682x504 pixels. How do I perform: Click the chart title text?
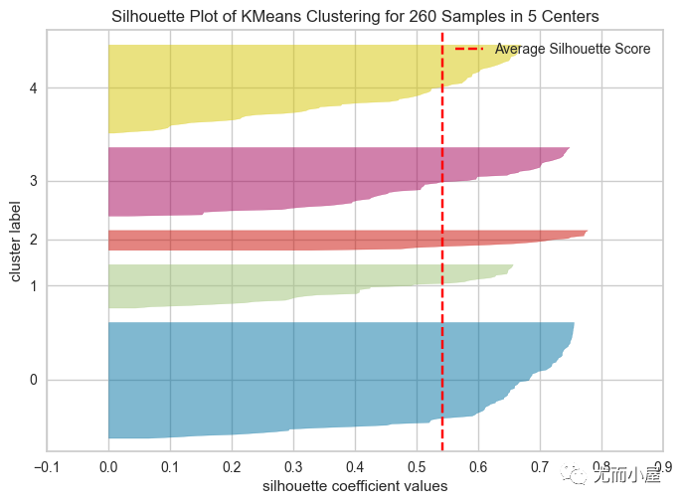click(x=355, y=16)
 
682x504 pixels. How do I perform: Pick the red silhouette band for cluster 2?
click(x=304, y=240)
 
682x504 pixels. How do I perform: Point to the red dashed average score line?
click(x=442, y=242)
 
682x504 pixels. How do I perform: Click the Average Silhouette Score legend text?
click(x=573, y=49)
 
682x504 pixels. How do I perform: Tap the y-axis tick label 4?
click(x=34, y=88)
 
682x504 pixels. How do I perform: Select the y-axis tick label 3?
click(x=34, y=181)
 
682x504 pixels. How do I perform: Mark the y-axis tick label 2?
click(x=34, y=240)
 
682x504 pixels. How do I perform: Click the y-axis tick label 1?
click(x=34, y=286)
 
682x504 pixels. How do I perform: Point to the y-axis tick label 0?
click(x=34, y=380)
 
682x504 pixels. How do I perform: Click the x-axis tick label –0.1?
click(x=47, y=467)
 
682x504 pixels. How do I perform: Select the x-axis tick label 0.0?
click(x=108, y=467)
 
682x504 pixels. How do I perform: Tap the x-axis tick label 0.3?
click(x=293, y=467)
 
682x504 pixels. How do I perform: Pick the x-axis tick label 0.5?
click(x=417, y=467)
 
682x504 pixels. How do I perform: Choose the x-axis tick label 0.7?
click(x=540, y=467)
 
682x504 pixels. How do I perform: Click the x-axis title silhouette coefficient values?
click(x=355, y=486)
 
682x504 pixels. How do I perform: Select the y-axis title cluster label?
click(x=15, y=242)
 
